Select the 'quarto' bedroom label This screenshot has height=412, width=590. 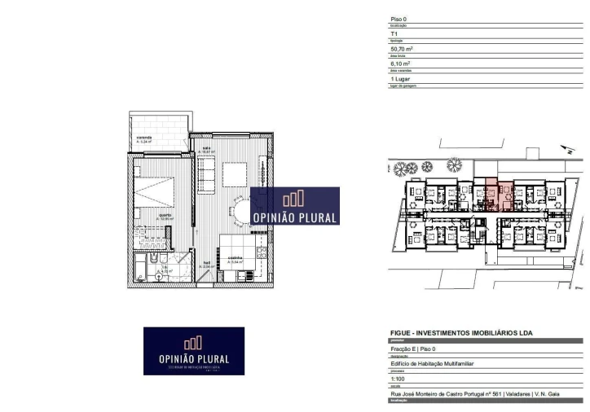point(165,216)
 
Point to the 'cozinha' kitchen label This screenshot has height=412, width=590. point(235,259)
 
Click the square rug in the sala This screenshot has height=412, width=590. point(235,174)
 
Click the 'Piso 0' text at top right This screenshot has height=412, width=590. point(398,19)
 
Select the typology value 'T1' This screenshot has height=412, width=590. point(395,34)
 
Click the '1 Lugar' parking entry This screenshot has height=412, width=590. point(401,78)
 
